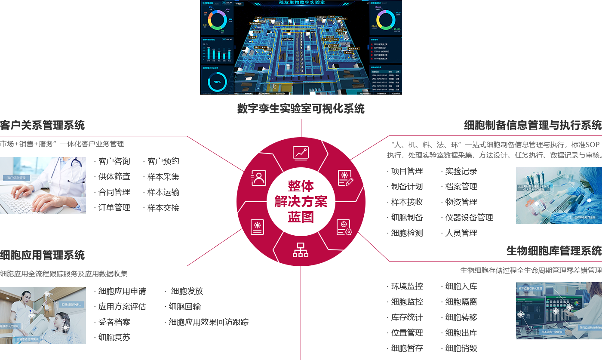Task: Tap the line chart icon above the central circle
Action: click(x=301, y=153)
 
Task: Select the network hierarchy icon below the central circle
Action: click(x=301, y=250)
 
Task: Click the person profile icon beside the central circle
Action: click(x=258, y=178)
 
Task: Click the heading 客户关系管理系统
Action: click(x=43, y=126)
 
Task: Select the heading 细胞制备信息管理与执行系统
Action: click(x=533, y=125)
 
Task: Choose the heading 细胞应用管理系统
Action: click(x=43, y=255)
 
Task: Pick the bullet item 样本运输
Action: click(x=163, y=192)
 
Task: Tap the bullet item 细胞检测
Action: click(x=407, y=233)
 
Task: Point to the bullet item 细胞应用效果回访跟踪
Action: click(x=209, y=322)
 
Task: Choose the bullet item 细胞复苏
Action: click(x=114, y=337)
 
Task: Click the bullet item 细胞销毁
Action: click(x=461, y=348)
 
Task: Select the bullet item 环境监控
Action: click(x=407, y=286)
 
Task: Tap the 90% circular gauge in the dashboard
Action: click(x=217, y=82)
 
